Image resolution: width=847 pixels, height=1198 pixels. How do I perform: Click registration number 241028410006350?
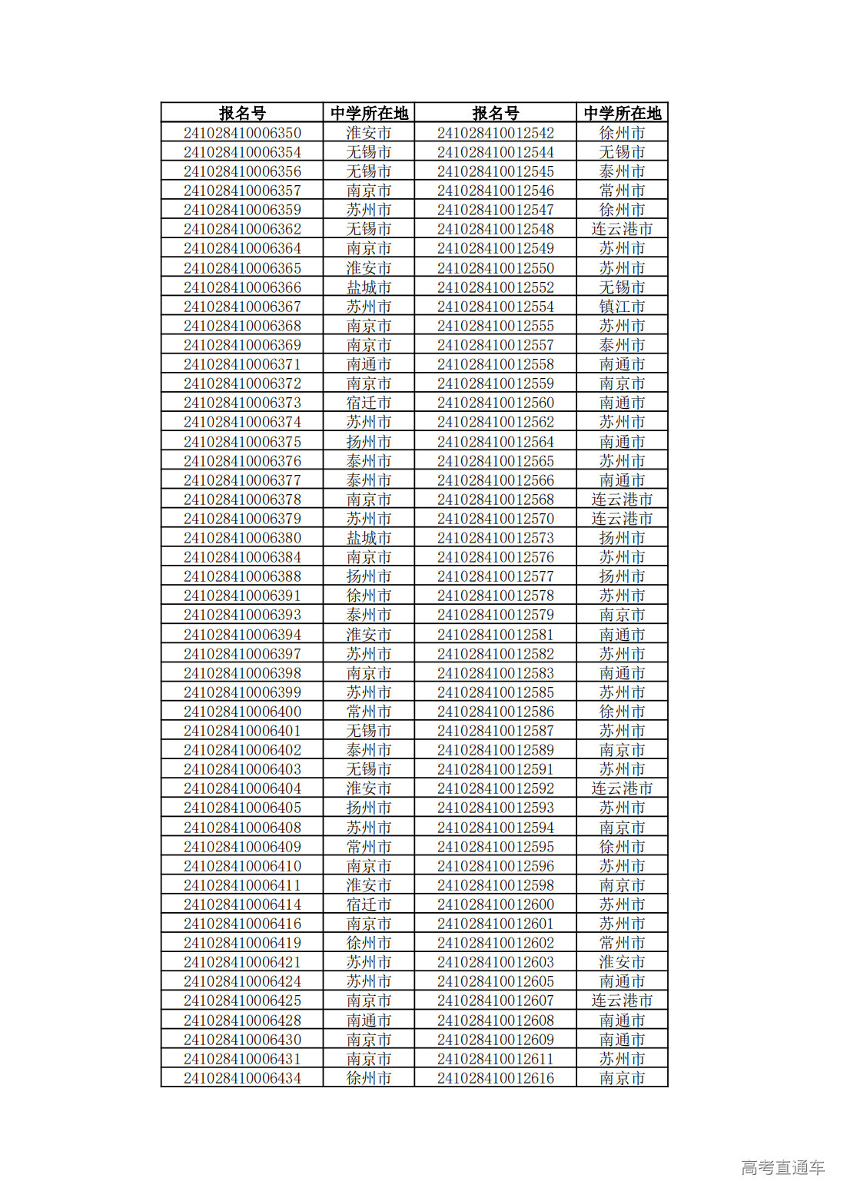tap(242, 133)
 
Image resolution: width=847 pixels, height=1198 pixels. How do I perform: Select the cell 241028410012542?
tap(495, 133)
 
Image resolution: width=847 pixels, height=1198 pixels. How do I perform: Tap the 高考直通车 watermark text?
tap(782, 1167)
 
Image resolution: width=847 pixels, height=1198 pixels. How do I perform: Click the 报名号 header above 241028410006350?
tap(242, 113)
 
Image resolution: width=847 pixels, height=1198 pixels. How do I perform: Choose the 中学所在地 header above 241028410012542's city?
tap(622, 113)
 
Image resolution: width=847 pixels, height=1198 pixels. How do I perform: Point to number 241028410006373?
tap(242, 403)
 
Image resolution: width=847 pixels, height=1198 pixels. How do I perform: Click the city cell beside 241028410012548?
tap(622, 229)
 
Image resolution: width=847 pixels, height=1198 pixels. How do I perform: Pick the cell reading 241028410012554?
tap(495, 307)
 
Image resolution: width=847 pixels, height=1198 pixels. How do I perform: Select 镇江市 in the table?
tap(622, 307)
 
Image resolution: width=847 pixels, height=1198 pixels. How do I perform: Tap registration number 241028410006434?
tap(242, 1078)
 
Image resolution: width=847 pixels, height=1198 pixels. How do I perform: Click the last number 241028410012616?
tap(495, 1078)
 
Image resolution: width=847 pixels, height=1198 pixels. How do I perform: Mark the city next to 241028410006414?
tap(369, 904)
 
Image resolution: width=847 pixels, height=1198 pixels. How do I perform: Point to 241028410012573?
tap(495, 538)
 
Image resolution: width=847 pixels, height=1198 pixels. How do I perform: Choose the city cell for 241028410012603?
tap(622, 962)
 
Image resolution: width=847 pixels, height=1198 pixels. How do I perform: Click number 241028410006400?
tap(242, 712)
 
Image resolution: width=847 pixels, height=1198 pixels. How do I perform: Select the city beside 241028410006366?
tap(369, 287)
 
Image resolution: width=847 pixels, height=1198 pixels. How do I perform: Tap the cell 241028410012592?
tap(495, 788)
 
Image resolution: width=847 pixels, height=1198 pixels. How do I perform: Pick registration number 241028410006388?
tap(242, 576)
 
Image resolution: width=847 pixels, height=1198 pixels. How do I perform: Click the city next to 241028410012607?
tap(622, 1001)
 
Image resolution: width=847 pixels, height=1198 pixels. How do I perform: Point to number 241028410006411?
tap(242, 885)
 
